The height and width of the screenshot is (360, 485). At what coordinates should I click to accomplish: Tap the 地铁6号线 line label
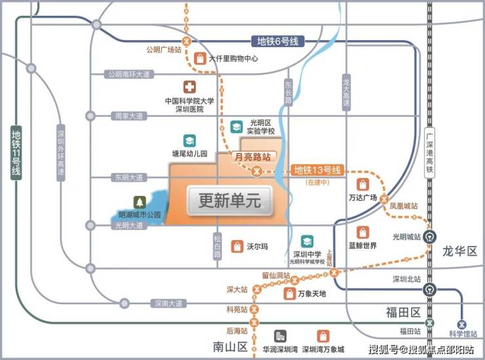tap(277, 41)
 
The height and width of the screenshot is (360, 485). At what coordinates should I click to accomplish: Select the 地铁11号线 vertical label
tap(16, 152)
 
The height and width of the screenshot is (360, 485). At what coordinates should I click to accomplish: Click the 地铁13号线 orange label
tap(318, 170)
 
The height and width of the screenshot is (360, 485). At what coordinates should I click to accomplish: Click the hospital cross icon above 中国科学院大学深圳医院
tap(189, 87)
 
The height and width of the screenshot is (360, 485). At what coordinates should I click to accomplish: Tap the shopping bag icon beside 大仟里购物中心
tap(200, 58)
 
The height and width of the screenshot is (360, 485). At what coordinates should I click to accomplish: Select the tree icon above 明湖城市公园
tap(139, 202)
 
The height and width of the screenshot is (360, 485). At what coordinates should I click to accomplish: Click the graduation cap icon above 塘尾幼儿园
tap(189, 141)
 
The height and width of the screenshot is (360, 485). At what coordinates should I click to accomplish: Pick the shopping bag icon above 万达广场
tap(362, 184)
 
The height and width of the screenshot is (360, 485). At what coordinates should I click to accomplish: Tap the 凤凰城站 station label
tap(403, 206)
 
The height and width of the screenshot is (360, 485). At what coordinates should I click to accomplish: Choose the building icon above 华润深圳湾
tap(281, 336)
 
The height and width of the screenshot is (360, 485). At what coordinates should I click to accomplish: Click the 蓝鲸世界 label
tap(362, 245)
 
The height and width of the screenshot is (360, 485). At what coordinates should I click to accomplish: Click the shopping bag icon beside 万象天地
tap(289, 294)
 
